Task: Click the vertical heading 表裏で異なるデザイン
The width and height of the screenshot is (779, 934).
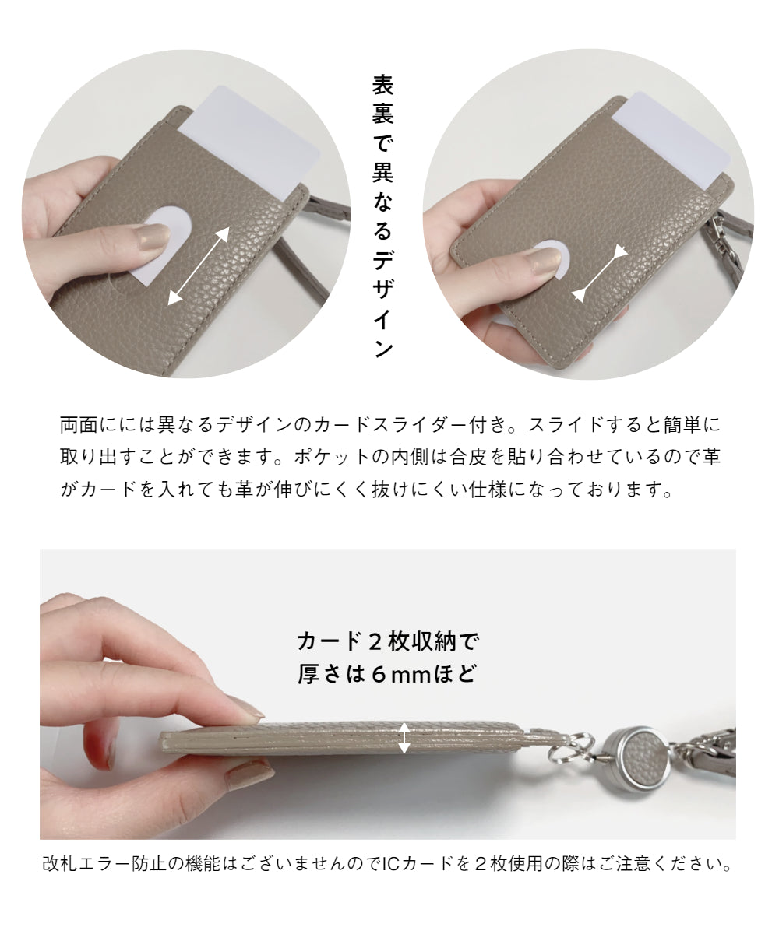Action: coord(383,216)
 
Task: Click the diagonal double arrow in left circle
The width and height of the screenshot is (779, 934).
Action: coord(199,266)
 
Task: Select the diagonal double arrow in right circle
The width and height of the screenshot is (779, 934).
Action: coord(601,273)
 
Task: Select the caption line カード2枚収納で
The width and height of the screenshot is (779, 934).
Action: coord(388,641)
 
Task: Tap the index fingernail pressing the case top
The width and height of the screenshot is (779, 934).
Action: coord(245,709)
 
